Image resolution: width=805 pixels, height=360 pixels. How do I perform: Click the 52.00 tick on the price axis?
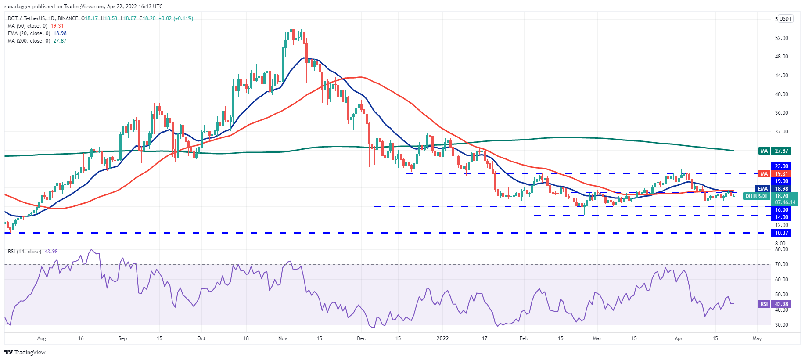(781, 38)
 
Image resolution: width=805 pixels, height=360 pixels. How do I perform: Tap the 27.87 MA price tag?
(781, 151)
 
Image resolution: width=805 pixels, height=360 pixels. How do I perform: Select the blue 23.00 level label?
(781, 166)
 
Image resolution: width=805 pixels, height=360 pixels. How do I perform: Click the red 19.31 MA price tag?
(781, 174)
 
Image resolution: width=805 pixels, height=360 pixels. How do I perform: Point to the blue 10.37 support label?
(781, 233)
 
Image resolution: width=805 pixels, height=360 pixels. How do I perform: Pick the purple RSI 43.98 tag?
(781, 304)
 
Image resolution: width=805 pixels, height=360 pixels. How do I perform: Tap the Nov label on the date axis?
(283, 338)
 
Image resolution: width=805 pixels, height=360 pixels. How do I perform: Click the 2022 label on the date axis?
(442, 338)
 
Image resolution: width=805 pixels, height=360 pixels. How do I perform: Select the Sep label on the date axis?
(122, 338)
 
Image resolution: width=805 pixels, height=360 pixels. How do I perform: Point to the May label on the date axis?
(757, 338)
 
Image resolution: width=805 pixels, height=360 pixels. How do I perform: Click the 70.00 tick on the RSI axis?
(781, 264)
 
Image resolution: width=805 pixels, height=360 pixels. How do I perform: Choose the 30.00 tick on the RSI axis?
(781, 325)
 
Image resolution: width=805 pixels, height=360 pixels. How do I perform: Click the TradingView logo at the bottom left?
(25, 352)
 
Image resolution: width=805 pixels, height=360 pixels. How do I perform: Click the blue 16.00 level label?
(781, 210)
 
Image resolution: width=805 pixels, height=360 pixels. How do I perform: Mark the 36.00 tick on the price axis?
(781, 113)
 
